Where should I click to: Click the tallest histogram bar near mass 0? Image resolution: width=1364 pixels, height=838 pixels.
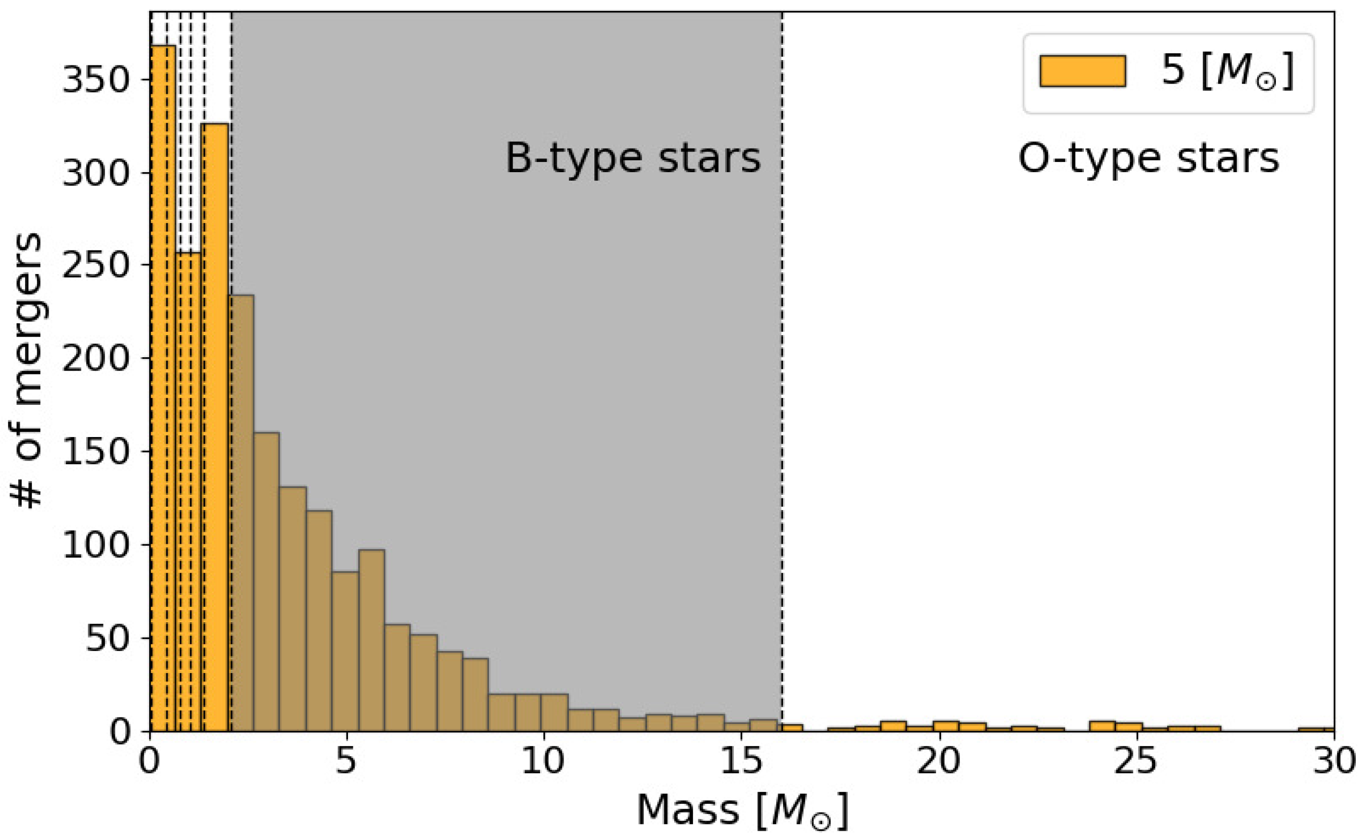tap(163, 388)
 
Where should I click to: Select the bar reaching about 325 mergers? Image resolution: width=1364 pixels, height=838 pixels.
tap(215, 427)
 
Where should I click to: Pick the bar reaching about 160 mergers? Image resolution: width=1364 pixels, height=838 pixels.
tap(267, 582)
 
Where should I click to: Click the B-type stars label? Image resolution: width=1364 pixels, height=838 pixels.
tap(632, 159)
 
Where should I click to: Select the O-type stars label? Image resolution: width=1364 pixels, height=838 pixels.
tap(1148, 159)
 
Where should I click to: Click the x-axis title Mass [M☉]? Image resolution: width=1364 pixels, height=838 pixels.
tap(742, 810)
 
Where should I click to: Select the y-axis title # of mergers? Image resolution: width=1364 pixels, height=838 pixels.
tap(28, 370)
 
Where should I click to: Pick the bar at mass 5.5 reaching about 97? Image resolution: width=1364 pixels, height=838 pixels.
tap(372, 640)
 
